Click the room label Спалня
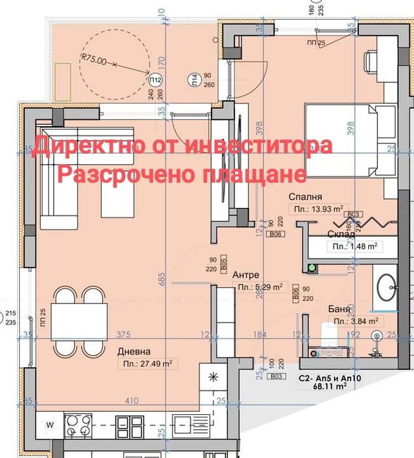(x=308, y=196)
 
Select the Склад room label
(x=341, y=234)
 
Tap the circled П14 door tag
(x=195, y=80)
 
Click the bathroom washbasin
(x=387, y=286)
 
